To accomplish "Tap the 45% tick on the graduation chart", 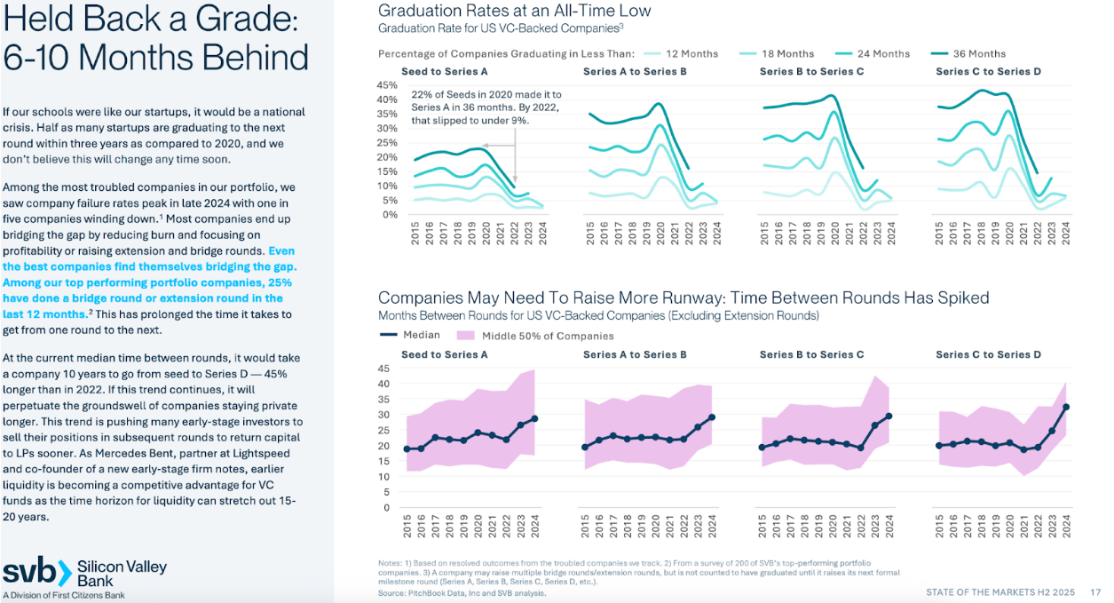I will pos(387,85).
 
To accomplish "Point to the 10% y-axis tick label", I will pos(387,186).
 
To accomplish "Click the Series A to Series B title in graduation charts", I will pos(635,71).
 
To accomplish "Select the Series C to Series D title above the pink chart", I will pos(988,354).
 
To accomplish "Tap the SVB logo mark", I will pos(36,572).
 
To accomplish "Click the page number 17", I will pos(1095,591).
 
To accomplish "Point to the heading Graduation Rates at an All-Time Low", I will pos(514,11).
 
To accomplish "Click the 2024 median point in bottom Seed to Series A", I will pos(534,418).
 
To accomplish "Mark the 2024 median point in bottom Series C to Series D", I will pos(1065,407).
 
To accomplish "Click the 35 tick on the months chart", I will pos(384,400).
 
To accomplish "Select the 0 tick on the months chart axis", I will pos(387,508).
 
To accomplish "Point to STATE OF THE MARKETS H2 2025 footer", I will pos(1001,591).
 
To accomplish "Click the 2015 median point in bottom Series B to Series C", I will pos(762,448).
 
